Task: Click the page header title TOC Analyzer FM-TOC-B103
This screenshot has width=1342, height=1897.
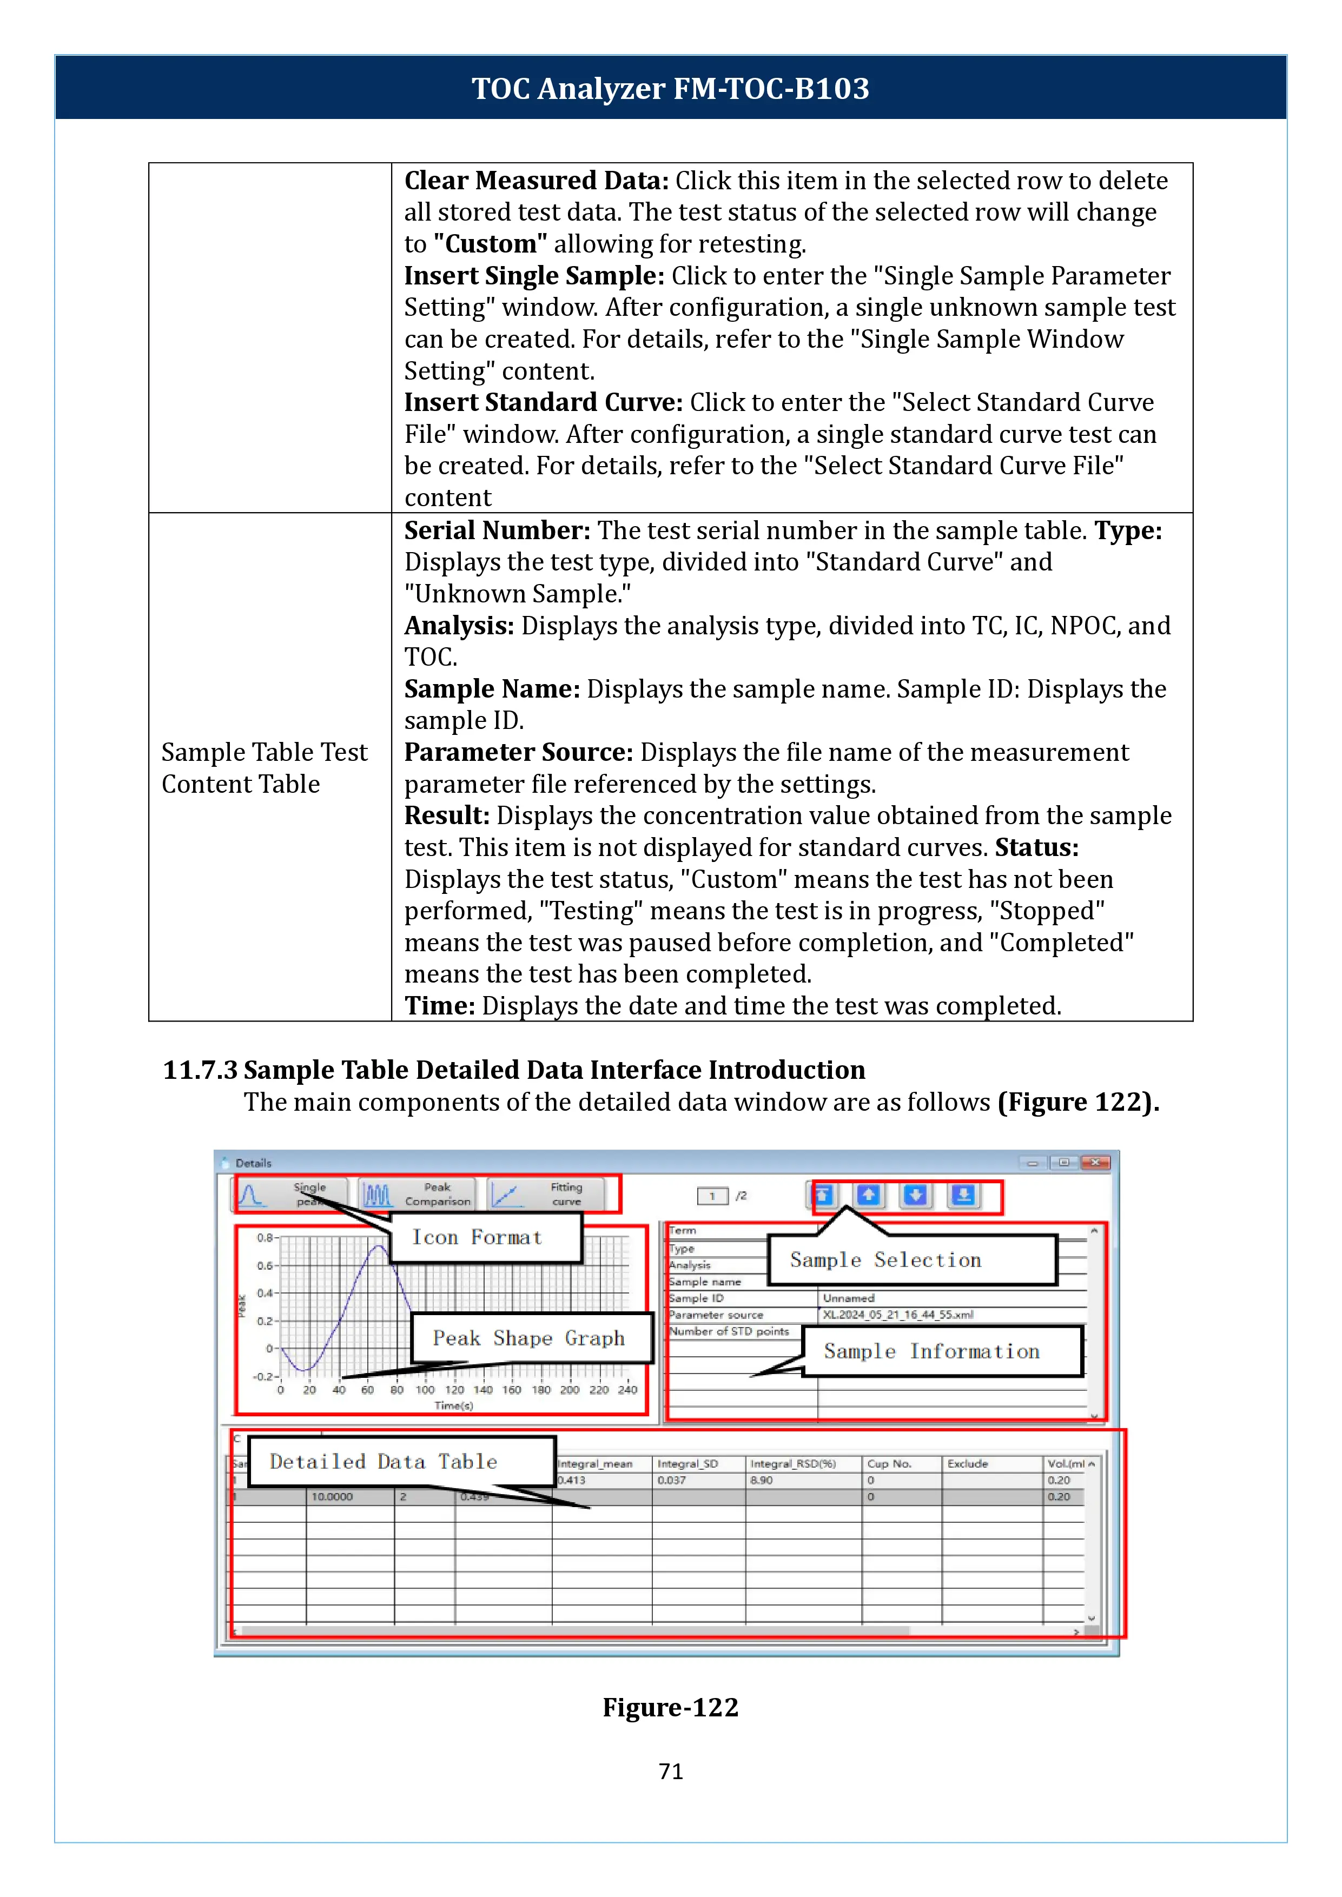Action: point(670,88)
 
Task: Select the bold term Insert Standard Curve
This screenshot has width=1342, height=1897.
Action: point(543,402)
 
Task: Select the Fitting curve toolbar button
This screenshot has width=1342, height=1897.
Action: point(546,1194)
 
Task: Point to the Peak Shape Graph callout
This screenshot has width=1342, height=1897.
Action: point(529,1338)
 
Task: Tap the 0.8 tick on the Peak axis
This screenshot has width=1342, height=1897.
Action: point(265,1238)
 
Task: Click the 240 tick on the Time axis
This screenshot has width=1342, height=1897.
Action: point(628,1390)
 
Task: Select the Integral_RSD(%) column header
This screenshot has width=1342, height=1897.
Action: point(792,1463)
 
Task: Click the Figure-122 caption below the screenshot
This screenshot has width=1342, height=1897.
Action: point(670,1707)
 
